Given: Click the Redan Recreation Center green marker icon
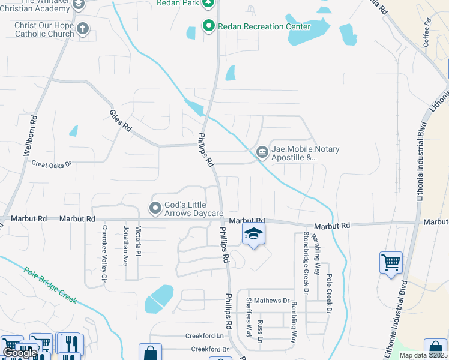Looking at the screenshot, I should (x=209, y=26).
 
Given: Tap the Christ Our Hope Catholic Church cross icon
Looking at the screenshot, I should (x=83, y=28).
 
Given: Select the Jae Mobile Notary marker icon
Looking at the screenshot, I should (x=262, y=152).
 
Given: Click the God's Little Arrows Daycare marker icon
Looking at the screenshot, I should (x=155, y=208).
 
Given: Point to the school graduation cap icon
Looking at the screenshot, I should (x=253, y=234).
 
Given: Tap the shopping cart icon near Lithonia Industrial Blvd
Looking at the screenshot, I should (x=391, y=262).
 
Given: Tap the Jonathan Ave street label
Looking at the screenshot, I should (x=125, y=246).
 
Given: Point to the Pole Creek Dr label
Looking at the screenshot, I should (x=328, y=294).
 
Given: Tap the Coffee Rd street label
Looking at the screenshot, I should (x=427, y=32).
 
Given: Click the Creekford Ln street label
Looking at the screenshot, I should (x=208, y=336).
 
